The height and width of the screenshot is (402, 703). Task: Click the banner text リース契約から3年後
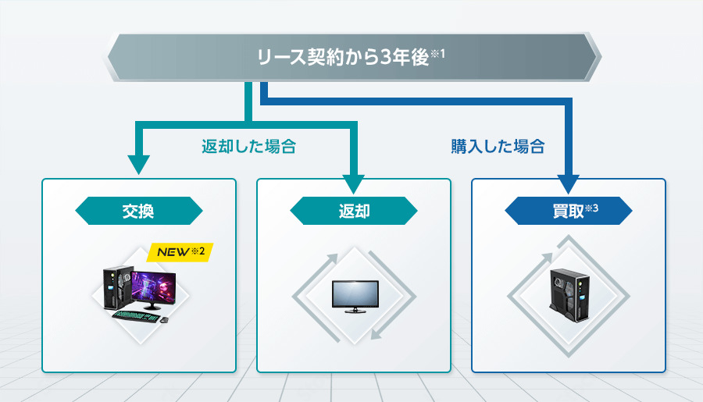click(344, 58)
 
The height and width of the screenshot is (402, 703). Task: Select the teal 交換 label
click(139, 211)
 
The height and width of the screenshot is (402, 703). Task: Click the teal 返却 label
click(354, 211)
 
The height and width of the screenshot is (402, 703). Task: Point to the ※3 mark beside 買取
click(591, 207)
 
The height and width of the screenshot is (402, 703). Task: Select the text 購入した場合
click(498, 146)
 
